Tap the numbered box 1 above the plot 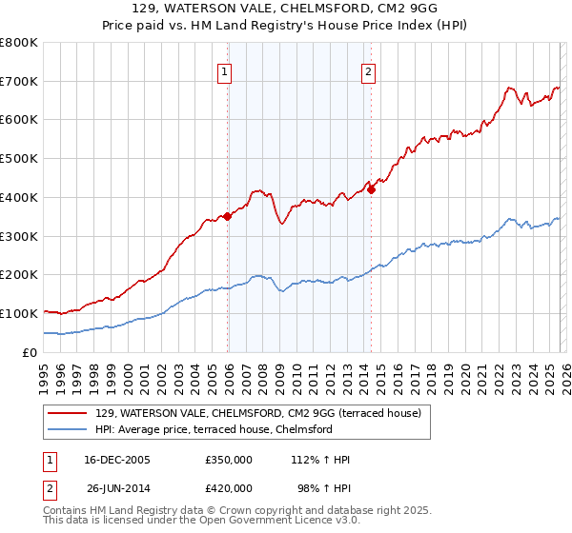(x=224, y=69)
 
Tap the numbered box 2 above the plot (x=368, y=69)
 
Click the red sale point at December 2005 (x=228, y=216)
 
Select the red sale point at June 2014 (x=372, y=189)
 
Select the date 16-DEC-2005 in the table (x=117, y=460)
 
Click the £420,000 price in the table (x=229, y=490)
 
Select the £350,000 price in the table (x=229, y=460)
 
